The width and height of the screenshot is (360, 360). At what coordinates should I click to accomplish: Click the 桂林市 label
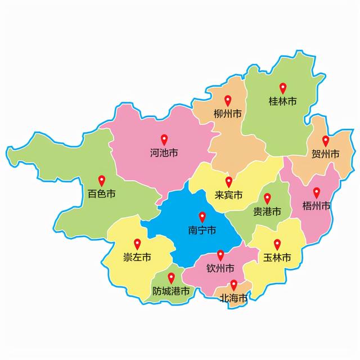[283, 102]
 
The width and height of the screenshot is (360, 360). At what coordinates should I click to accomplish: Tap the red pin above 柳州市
[228, 100]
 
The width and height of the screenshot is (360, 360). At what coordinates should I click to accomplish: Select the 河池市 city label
[164, 152]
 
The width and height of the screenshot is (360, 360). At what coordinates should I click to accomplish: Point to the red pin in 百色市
[102, 180]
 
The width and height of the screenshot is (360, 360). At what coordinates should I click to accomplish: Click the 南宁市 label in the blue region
[202, 230]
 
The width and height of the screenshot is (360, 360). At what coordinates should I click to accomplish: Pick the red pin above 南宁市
[202, 216]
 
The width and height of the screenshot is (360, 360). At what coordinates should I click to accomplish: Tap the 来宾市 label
[229, 195]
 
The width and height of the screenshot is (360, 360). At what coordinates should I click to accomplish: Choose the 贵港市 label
[267, 212]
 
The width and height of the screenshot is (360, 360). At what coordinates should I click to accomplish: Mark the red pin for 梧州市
[316, 192]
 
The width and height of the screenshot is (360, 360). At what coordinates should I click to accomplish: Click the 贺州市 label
[325, 154]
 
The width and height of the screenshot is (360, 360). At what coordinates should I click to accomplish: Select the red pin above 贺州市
[325, 139]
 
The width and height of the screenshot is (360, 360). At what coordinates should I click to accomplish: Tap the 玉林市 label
[277, 258]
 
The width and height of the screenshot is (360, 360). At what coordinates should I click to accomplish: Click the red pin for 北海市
[233, 285]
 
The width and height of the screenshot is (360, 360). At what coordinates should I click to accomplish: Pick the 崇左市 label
[137, 258]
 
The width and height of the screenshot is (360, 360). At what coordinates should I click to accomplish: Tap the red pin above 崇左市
[137, 244]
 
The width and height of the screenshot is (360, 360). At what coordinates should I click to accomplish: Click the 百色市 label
[102, 194]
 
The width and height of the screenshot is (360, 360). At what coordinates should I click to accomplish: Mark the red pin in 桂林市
[283, 87]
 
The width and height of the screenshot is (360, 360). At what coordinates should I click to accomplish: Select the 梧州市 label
[316, 206]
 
